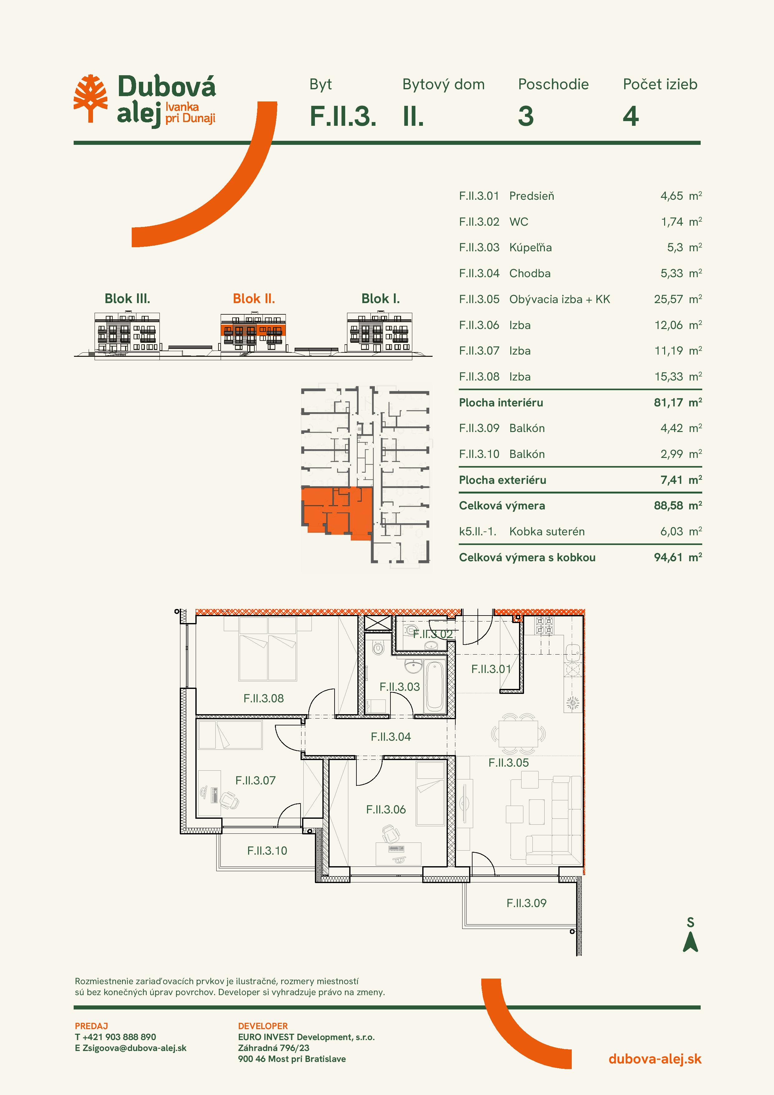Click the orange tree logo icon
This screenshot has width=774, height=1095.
tap(90, 99)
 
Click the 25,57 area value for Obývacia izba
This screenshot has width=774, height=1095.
tap(668, 300)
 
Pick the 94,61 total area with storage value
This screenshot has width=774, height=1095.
tap(668, 557)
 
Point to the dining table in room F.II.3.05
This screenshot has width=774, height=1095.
tap(518, 734)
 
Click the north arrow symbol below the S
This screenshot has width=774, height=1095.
tap(691, 942)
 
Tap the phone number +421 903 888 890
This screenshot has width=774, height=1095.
tap(119, 1037)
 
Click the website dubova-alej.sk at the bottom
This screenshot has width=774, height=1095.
tap(655, 1059)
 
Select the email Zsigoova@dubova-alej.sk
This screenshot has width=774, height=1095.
tap(135, 1048)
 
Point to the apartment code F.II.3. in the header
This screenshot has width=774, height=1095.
tap(343, 116)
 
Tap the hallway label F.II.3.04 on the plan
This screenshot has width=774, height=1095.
tap(390, 737)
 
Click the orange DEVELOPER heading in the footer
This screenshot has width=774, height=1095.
tap(263, 1026)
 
